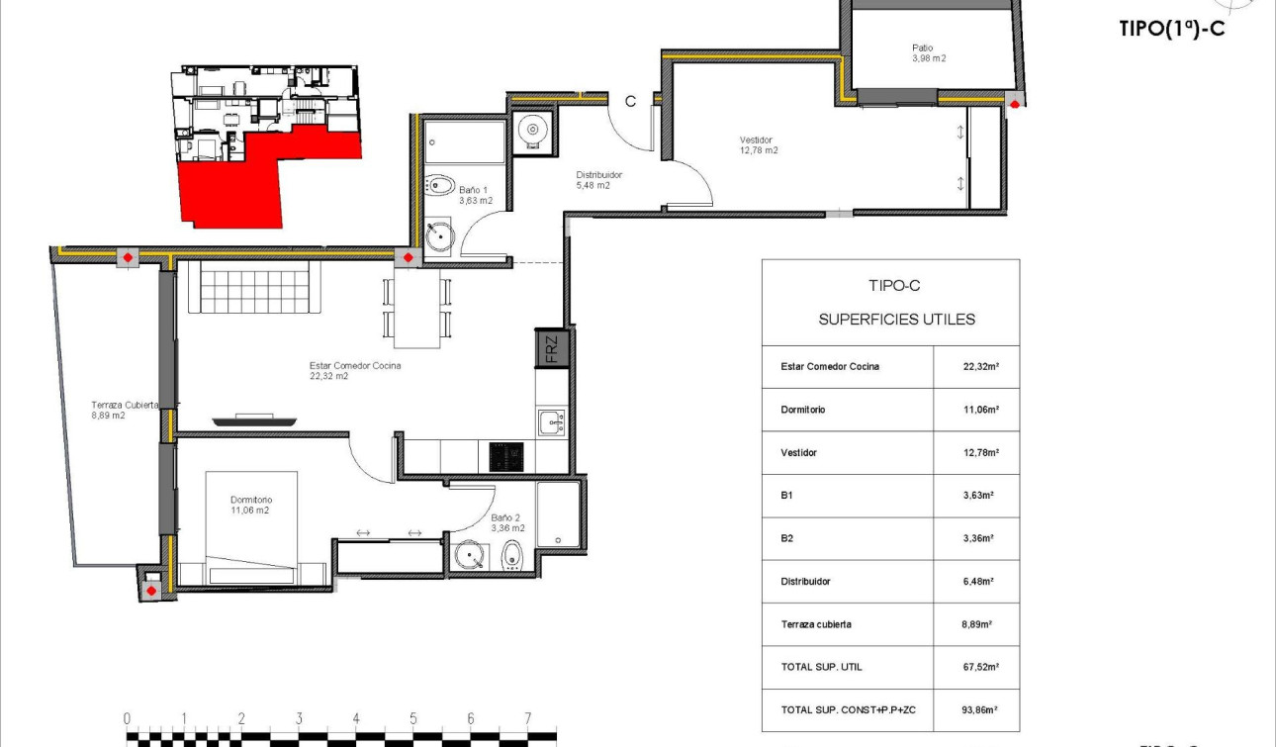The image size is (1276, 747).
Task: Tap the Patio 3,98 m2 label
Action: click(x=928, y=52)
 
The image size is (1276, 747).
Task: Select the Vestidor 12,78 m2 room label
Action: click(x=758, y=145)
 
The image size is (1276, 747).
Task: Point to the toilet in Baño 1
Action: click(x=440, y=185)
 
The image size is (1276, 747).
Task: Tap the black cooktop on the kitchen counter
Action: click(x=507, y=456)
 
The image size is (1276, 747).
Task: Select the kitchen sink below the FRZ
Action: click(x=550, y=422)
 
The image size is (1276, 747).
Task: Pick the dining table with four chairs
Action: click(x=416, y=310)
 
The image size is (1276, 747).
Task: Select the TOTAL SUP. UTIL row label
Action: click(x=821, y=667)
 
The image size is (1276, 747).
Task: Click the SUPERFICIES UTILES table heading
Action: click(x=896, y=319)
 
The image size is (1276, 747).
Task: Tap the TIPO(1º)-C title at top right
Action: click(x=1171, y=29)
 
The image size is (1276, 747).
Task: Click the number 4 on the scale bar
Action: click(x=355, y=719)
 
